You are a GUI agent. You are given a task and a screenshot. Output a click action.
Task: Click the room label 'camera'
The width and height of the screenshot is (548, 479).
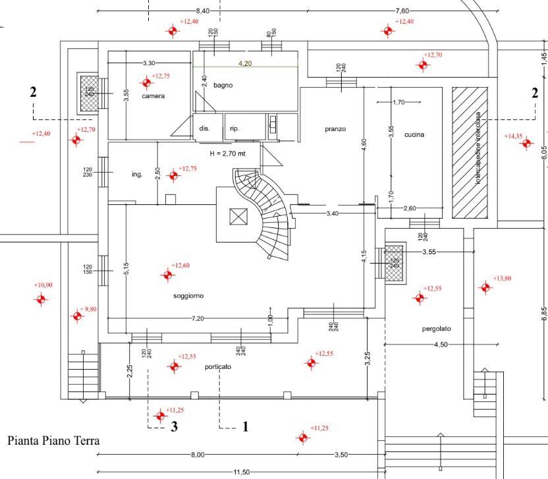(x=153, y=96)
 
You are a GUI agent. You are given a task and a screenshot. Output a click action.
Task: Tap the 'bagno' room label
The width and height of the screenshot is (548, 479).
(x=223, y=85)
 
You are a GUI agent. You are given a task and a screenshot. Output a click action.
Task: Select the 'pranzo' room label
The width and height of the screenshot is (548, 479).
(x=335, y=129)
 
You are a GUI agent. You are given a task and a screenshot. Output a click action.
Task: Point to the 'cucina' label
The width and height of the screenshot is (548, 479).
(x=414, y=134)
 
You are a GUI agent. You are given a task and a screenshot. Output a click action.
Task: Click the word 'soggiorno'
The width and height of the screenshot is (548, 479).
(x=188, y=296)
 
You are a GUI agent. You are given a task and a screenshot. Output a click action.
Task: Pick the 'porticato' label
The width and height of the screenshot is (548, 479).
(x=217, y=367)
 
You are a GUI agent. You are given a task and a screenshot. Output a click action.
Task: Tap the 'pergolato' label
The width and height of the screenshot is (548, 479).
(x=437, y=329)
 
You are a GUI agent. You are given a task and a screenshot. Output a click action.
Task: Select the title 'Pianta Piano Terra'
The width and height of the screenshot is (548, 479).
(x=53, y=440)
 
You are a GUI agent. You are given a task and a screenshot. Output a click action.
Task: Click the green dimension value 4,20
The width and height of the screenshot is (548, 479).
(x=245, y=63)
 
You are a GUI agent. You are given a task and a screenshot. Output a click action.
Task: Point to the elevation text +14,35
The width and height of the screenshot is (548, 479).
(x=513, y=136)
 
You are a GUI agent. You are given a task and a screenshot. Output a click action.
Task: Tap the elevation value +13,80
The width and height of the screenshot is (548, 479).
(x=502, y=279)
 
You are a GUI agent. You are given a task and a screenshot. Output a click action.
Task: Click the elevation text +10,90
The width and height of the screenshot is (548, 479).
(x=43, y=285)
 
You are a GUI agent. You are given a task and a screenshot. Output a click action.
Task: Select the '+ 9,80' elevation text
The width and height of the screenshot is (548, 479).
(x=87, y=309)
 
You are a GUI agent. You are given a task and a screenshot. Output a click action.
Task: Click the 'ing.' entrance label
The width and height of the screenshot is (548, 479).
(x=137, y=175)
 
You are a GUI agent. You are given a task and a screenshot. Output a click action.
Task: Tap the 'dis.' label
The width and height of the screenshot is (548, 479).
(x=204, y=128)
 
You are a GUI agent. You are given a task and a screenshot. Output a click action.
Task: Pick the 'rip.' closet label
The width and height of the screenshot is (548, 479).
(x=234, y=128)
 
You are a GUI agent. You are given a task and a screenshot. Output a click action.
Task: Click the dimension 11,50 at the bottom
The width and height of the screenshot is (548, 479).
(x=242, y=472)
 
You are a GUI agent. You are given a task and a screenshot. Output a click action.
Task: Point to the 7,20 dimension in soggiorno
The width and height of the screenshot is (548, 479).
(x=198, y=319)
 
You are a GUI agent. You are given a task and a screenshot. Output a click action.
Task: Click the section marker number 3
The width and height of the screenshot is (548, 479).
(x=175, y=427)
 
